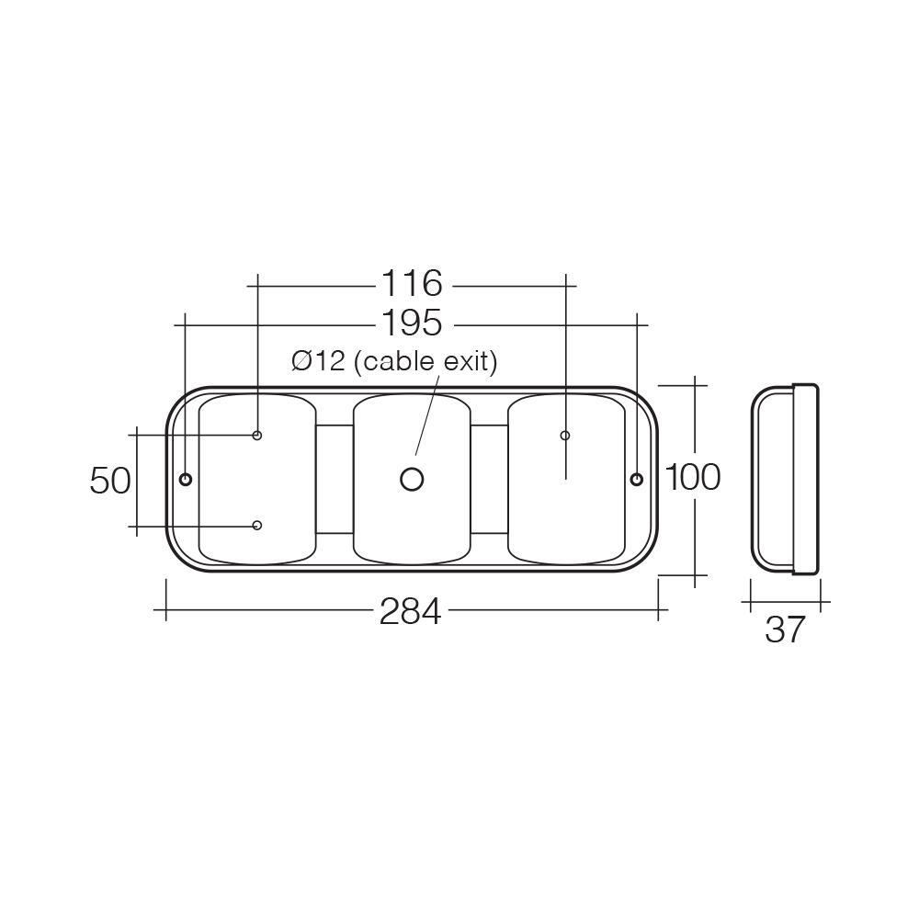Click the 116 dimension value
pyautogui.click(x=412, y=284)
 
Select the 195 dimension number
pyautogui.click(x=412, y=323)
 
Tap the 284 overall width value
pyautogui.click(x=410, y=611)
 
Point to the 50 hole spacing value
pyautogui.click(x=110, y=480)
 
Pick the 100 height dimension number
pyautogui.click(x=692, y=478)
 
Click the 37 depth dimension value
pyautogui.click(x=784, y=630)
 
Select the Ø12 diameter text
pyautogui.click(x=318, y=362)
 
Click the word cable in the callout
pyautogui.click(x=396, y=362)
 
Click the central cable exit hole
pyautogui.click(x=412, y=479)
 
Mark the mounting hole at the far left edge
pyautogui.click(x=186, y=479)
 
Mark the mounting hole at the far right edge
pyautogui.click(x=636, y=479)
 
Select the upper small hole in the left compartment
pyautogui.click(x=257, y=435)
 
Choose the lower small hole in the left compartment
pyautogui.click(x=257, y=525)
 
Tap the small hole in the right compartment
pyautogui.click(x=565, y=435)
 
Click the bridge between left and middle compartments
pyautogui.click(x=335, y=479)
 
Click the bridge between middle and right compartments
pyautogui.click(x=490, y=479)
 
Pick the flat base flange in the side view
pyautogui.click(x=805, y=479)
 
